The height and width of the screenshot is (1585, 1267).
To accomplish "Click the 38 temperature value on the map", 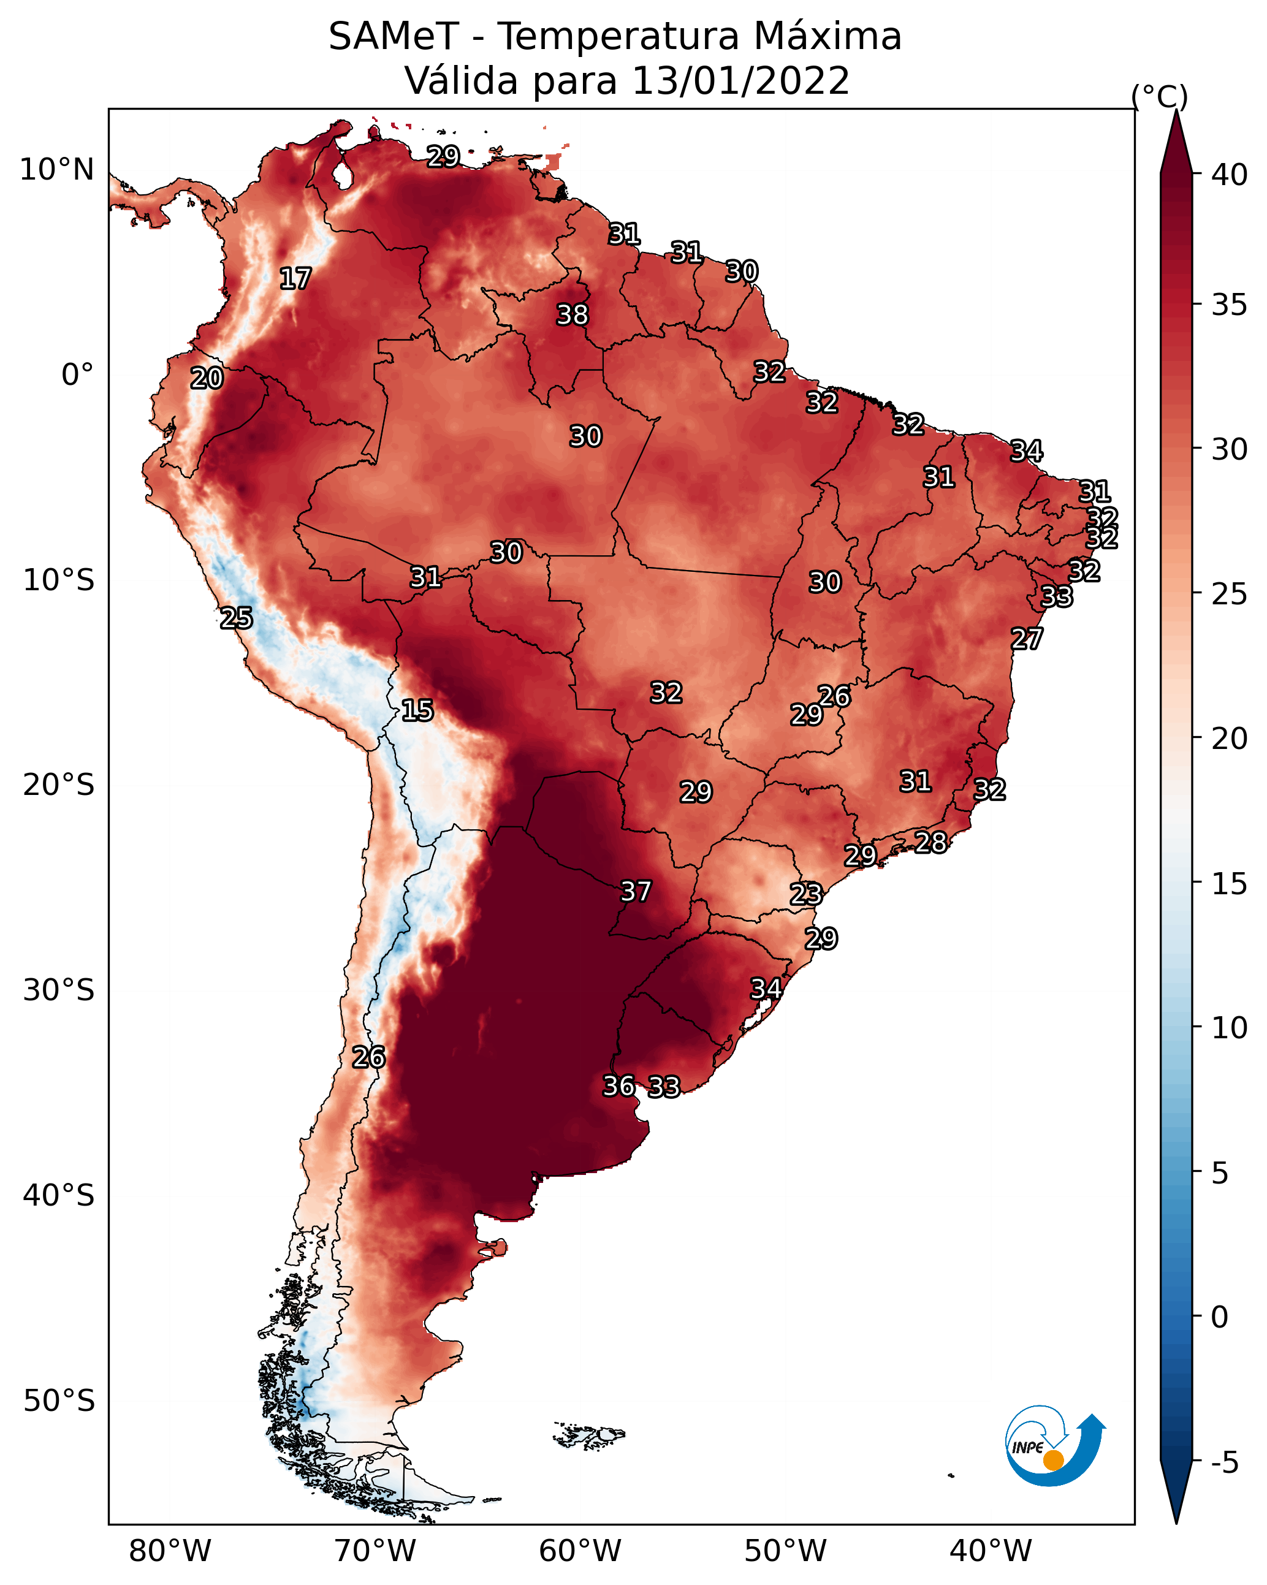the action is [572, 314].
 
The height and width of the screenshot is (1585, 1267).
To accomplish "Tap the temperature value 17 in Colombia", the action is [295, 279].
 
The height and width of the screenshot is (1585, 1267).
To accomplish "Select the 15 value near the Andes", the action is [417, 710].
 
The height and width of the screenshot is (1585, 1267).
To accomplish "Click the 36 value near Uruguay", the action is [619, 1086].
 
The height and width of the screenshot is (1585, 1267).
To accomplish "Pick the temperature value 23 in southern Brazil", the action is [806, 895].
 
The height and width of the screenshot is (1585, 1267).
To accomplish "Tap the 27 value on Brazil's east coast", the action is [1027, 639].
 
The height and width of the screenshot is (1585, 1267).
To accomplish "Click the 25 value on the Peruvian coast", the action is [237, 618].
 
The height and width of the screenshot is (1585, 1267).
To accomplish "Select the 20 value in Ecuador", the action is [207, 379].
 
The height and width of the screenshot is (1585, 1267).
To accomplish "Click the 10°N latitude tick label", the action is [56, 170].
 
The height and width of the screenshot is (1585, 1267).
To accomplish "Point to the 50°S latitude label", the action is [59, 1401].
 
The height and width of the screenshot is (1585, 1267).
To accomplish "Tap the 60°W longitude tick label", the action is [580, 1551].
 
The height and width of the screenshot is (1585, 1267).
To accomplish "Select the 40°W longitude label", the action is [991, 1551].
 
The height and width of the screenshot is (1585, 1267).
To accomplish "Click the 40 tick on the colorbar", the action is [1230, 175].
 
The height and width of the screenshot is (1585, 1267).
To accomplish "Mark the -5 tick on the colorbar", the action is [1225, 1463].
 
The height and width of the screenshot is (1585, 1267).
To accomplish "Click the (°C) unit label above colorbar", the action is [1160, 96].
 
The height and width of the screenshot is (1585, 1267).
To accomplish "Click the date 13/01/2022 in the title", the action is [740, 81].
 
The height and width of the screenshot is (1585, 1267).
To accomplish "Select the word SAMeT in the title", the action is [394, 37].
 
